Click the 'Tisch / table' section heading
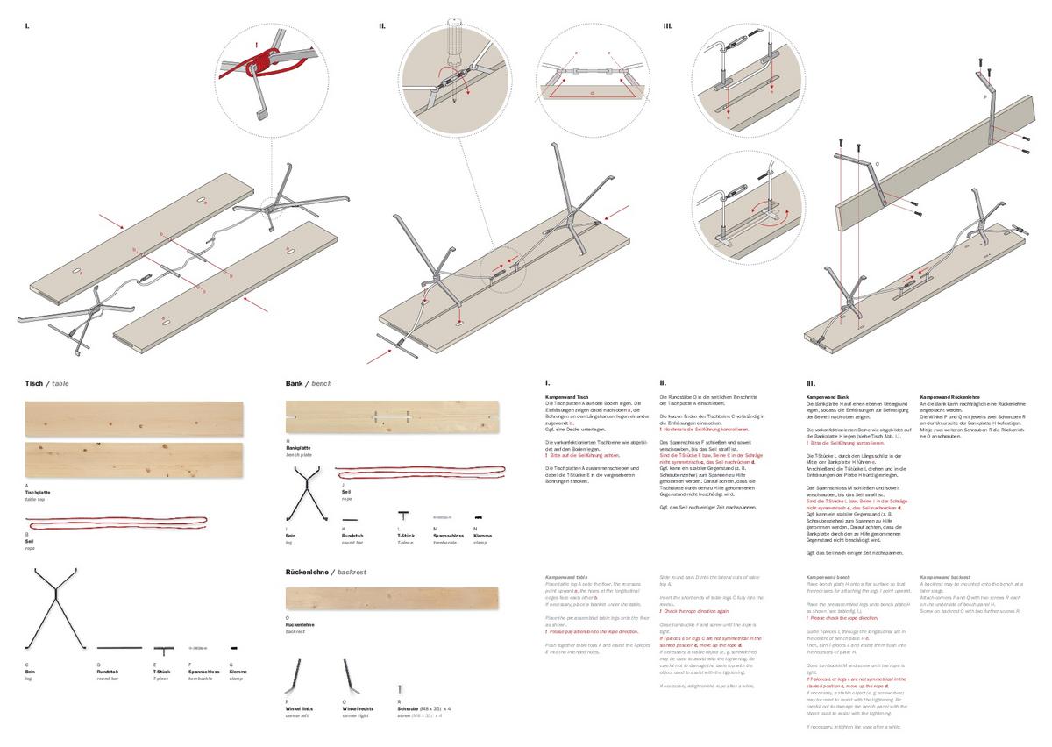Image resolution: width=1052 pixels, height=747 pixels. click(x=47, y=384)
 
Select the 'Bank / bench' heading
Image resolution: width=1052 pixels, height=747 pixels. click(x=309, y=384)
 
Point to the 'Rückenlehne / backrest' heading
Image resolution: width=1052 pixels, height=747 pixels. click(x=325, y=572)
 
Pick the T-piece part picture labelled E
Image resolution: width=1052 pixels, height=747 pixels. click(x=162, y=650)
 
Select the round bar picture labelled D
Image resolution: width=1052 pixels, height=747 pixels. click(x=119, y=648)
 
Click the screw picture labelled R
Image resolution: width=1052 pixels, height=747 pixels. click(x=400, y=690)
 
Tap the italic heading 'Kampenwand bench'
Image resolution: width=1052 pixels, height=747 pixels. click(x=828, y=577)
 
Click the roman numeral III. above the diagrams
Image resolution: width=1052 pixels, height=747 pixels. click(x=668, y=26)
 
